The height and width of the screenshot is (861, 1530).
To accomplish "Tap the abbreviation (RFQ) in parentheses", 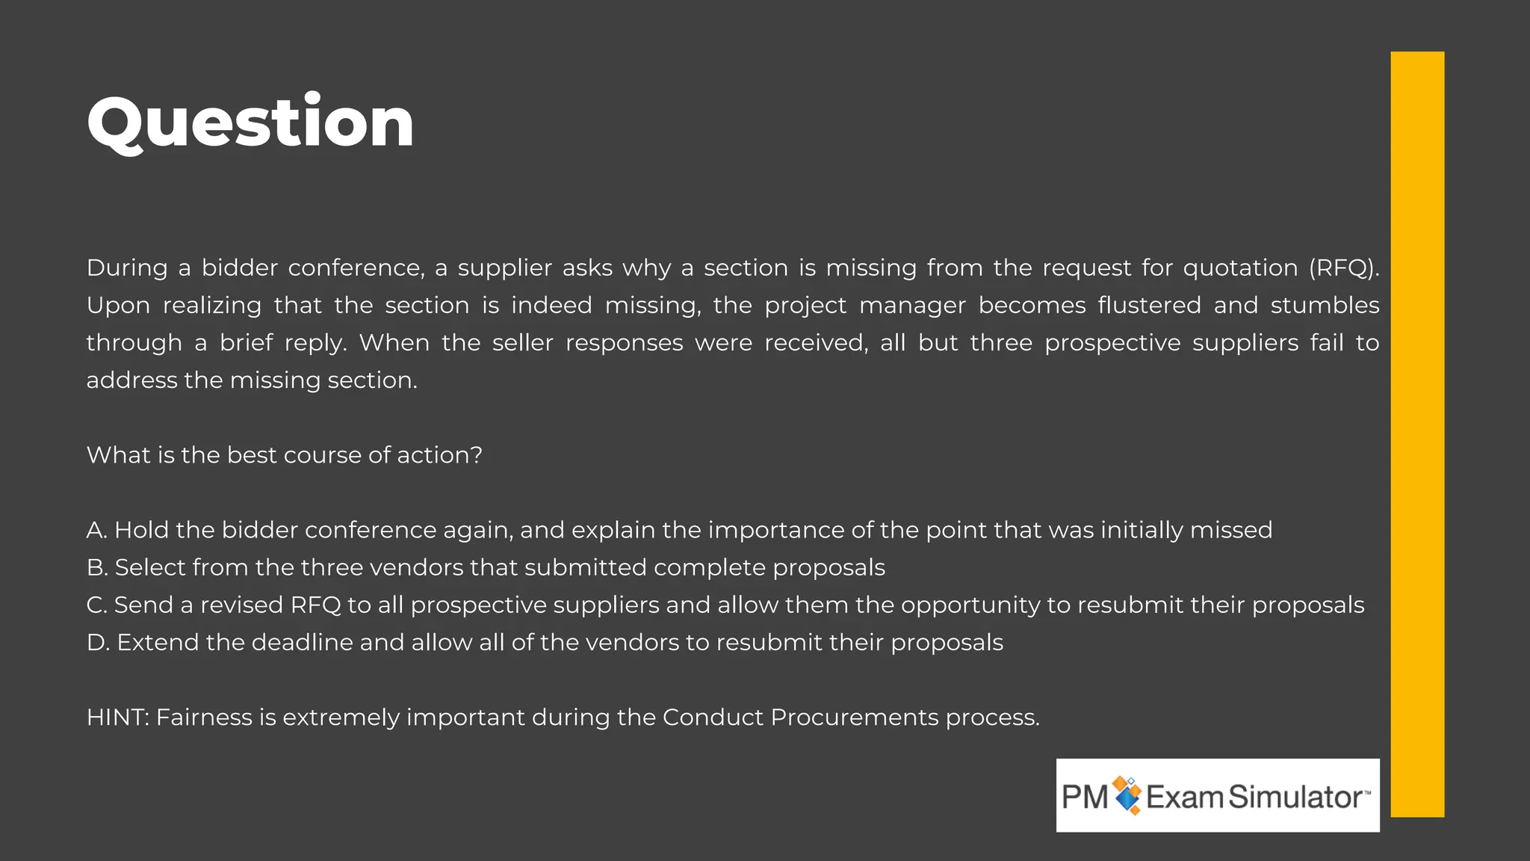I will pyautogui.click(x=1343, y=268).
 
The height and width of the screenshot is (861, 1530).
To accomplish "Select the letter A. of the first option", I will pyautogui.click(x=97, y=530).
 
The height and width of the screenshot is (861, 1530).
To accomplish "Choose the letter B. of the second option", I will pyautogui.click(x=97, y=567).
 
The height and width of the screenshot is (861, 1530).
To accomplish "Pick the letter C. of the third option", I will pyautogui.click(x=97, y=605).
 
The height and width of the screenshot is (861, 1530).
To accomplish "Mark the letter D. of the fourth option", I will pyautogui.click(x=98, y=642).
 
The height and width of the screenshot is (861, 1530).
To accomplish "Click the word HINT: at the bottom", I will pyautogui.click(x=118, y=717).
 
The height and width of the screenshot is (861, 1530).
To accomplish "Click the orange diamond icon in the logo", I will pyautogui.click(x=1127, y=795).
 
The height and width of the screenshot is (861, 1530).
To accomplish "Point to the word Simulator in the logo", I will pyautogui.click(x=1295, y=797).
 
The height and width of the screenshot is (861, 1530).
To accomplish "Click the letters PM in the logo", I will pyautogui.click(x=1085, y=797).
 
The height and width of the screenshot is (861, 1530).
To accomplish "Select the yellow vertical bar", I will pyautogui.click(x=1417, y=433).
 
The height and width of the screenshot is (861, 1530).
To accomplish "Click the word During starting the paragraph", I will pyautogui.click(x=127, y=268).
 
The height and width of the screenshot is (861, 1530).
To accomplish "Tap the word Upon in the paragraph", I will pyautogui.click(x=118, y=305).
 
